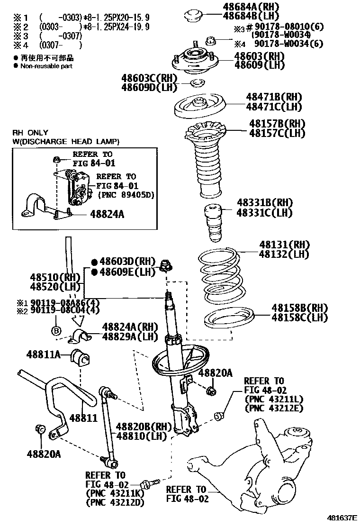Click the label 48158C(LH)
[x=299, y=317]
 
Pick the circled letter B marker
[x=56, y=331]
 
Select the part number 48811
[x=83, y=418]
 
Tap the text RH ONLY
[x=31, y=133]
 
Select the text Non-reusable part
[x=46, y=66]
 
